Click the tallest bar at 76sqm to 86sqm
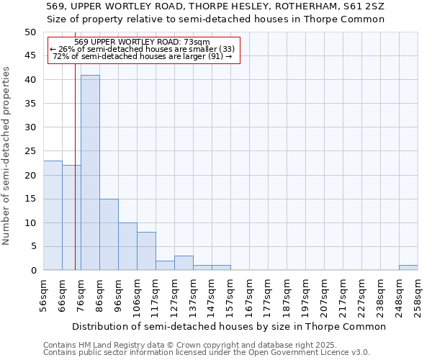click(90, 173)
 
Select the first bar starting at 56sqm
click(53, 215)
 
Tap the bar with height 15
click(109, 235)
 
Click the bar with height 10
click(127, 246)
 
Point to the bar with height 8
click(146, 251)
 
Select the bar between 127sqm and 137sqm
click(184, 263)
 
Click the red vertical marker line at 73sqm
click(75, 180)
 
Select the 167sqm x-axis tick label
click(250, 294)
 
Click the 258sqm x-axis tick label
click(418, 294)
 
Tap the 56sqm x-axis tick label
click(44, 294)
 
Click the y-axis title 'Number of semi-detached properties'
click(7, 156)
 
